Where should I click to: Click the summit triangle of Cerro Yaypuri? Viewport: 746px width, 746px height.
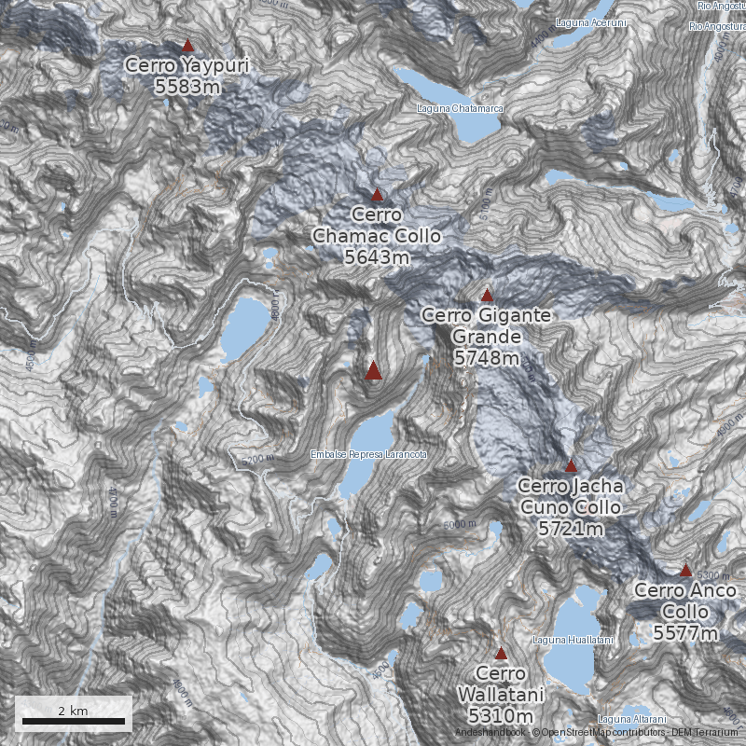(x=187, y=45)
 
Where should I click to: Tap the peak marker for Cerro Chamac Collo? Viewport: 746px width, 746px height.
(x=378, y=195)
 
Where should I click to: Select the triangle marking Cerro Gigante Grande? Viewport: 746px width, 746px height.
(x=486, y=296)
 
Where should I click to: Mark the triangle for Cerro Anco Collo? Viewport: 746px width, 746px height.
(x=685, y=570)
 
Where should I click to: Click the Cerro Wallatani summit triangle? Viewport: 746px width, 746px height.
(x=501, y=654)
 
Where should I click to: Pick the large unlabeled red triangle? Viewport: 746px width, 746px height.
(x=374, y=371)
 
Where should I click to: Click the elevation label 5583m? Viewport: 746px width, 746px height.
(x=187, y=87)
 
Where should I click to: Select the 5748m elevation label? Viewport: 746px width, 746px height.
(x=487, y=357)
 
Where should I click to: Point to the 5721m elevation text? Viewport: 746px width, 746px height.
(x=570, y=529)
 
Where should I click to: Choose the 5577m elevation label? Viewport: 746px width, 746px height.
(x=685, y=633)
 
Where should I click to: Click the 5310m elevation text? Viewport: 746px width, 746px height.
(x=501, y=716)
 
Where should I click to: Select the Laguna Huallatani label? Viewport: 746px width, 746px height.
(x=573, y=640)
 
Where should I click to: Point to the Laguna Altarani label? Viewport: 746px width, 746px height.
(x=632, y=719)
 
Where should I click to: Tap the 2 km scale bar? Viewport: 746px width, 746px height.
(x=74, y=721)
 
